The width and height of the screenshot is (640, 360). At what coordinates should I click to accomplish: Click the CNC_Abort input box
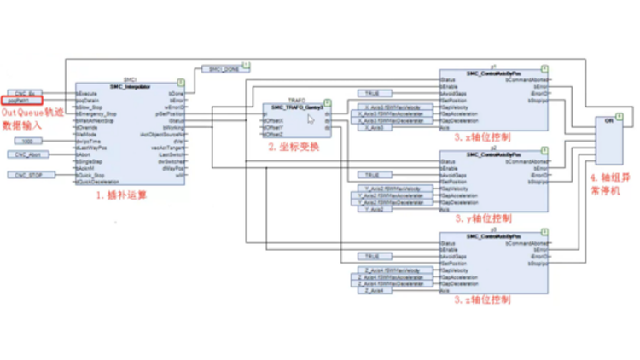(x=28, y=154)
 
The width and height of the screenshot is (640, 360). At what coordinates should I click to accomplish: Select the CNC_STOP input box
(x=28, y=174)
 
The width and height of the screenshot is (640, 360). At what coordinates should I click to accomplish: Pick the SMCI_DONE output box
(x=224, y=69)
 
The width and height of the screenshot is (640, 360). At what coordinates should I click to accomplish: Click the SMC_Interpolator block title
(x=130, y=87)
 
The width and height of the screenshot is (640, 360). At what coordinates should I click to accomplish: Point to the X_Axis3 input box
(x=368, y=127)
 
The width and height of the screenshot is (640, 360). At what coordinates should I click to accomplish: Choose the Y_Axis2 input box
(x=368, y=209)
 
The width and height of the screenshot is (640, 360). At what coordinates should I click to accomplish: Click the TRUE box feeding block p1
(x=371, y=92)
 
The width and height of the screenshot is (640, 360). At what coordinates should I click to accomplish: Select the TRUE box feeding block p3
(x=371, y=256)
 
